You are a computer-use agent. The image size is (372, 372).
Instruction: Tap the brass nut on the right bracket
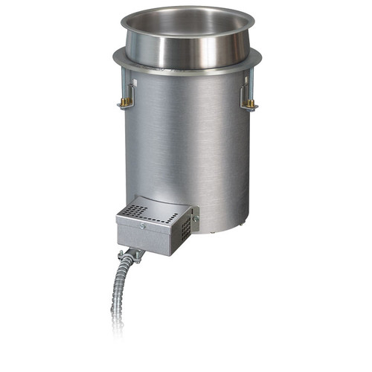(x=251, y=103)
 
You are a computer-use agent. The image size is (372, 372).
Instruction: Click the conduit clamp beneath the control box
(x=134, y=257)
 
